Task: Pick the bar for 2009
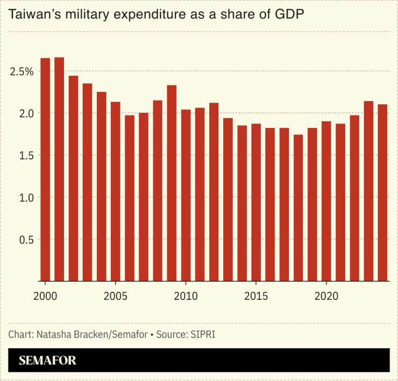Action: tap(172, 183)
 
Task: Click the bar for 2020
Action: tap(326, 201)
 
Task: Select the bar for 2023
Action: tap(368, 191)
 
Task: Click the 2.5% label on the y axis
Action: tap(21, 71)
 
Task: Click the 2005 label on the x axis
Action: tap(115, 297)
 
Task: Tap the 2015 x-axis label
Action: tap(256, 297)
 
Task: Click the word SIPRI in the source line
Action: tap(205, 334)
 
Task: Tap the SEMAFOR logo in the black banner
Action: tap(47, 361)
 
